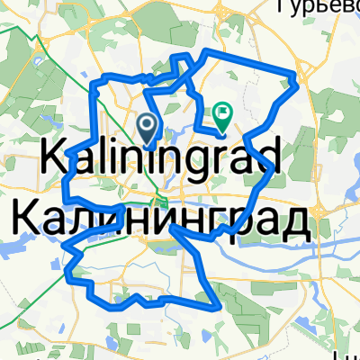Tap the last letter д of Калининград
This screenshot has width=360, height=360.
296,221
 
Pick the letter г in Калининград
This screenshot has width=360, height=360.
212,220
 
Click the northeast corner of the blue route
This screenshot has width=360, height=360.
295,75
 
